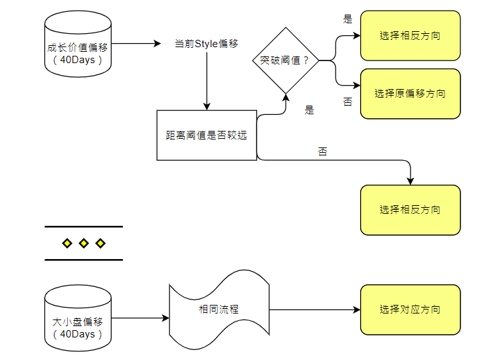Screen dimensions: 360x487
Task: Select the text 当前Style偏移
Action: click(206, 44)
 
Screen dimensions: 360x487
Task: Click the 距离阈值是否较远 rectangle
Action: click(207, 135)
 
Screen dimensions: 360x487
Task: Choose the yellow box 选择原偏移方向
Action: click(410, 94)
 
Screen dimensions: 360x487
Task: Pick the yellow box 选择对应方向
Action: click(410, 310)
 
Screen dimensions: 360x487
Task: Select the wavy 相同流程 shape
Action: click(219, 310)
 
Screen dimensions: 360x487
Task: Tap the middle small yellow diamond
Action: click(84, 244)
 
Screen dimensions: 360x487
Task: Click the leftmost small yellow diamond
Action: click(67, 244)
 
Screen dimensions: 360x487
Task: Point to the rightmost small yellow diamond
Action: click(100, 244)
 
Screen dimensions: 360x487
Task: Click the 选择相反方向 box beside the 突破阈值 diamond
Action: click(410, 36)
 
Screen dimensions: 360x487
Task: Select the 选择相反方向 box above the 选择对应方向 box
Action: click(410, 210)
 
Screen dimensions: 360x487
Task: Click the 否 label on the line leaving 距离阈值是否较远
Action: click(322, 152)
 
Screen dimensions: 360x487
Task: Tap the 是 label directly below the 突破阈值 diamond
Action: click(309, 110)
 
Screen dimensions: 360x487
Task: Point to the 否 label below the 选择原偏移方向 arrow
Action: click(347, 102)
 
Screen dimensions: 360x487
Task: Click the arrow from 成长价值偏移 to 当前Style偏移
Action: click(136, 44)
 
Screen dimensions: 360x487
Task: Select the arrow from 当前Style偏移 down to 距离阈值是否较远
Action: click(207, 80)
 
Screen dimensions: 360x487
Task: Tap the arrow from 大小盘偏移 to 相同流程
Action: click(140, 318)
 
